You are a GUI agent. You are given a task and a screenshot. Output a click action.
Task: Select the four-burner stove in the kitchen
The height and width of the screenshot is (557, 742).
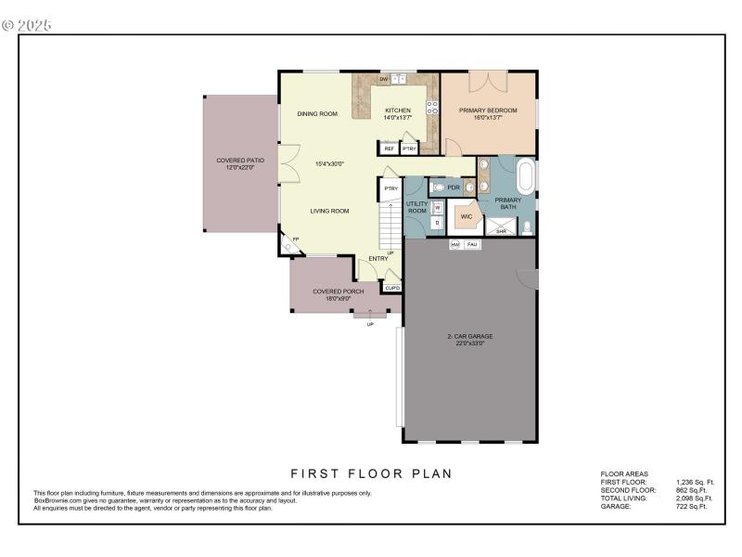(431, 105)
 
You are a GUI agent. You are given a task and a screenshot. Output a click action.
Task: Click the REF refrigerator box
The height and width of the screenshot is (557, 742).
(389, 149)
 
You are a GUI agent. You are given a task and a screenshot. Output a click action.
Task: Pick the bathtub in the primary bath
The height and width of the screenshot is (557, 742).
(526, 175)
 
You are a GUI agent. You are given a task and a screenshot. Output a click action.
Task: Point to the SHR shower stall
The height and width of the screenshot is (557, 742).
(501, 226)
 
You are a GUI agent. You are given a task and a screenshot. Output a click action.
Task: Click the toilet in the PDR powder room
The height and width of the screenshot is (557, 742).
(439, 187)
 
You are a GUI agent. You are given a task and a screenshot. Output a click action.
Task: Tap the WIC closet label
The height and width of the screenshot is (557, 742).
(467, 216)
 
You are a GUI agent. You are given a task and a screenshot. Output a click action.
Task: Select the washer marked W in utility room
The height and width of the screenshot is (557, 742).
(437, 208)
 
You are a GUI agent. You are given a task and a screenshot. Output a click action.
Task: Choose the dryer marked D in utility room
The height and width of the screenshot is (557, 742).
(437, 223)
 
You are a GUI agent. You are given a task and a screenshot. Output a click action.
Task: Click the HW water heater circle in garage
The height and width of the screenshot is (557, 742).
(455, 244)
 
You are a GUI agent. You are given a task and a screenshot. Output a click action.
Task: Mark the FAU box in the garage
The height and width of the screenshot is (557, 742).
(473, 244)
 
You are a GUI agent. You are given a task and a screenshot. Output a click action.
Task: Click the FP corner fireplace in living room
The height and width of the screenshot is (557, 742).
(294, 242)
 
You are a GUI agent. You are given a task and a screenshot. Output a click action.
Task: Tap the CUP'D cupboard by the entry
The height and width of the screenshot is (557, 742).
(392, 288)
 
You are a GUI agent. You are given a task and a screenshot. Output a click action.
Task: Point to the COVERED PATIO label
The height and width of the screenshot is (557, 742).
(240, 164)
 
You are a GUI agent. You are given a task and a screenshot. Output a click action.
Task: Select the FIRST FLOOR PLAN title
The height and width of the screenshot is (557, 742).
(371, 473)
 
